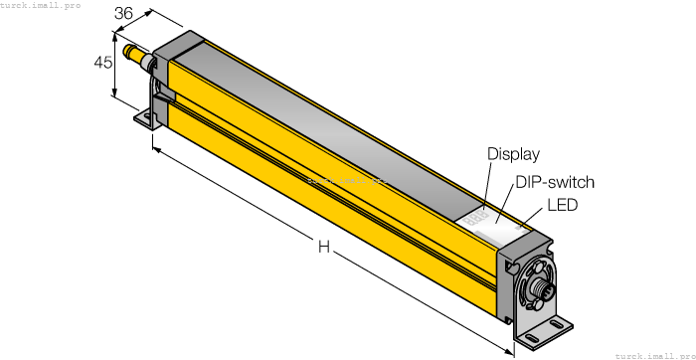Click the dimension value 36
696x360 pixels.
coord(125,14)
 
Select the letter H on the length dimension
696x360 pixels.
coord(324,247)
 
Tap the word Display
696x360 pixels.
coord(513,154)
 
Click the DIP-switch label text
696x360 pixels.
coord(554,182)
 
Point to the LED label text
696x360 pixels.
coord(562,205)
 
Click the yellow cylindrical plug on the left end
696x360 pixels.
coord(130,50)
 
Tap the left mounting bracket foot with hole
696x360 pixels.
coord(147,119)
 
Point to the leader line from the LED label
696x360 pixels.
coord(535,219)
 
